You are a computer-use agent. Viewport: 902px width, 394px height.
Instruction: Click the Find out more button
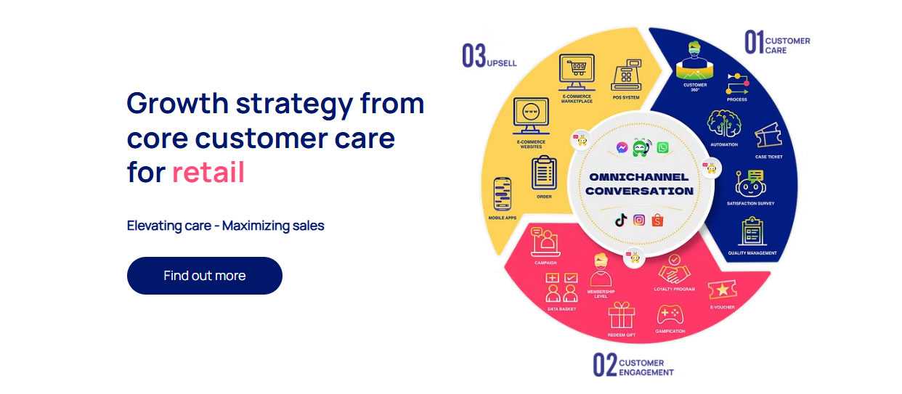tap(205, 276)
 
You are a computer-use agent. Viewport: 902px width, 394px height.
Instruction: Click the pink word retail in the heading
tap(208, 172)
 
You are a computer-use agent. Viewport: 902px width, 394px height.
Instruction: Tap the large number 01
tap(754, 42)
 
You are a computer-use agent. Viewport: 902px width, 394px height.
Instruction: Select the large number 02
tap(604, 365)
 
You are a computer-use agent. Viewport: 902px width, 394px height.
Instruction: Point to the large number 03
tap(474, 56)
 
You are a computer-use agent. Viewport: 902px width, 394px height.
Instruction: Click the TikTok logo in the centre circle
tap(621, 220)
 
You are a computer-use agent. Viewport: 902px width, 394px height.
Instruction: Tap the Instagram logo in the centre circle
tap(639, 220)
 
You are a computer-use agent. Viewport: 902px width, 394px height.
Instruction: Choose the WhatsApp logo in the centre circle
tap(662, 148)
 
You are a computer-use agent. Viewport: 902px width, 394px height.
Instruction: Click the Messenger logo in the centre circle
tap(622, 148)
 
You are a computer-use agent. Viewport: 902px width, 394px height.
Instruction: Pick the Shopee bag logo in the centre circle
tap(657, 220)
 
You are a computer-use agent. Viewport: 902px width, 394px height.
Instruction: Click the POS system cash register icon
tap(626, 75)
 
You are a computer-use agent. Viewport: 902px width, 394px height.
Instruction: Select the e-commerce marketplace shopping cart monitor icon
tap(577, 73)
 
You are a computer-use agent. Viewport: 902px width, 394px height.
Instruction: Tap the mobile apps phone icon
tap(502, 194)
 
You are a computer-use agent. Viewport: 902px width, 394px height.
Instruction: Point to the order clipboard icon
tap(544, 173)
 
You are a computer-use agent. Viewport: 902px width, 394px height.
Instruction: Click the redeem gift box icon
tap(622, 316)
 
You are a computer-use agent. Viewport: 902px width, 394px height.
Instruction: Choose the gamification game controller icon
tap(670, 315)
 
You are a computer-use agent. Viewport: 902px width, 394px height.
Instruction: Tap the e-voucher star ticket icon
tap(723, 290)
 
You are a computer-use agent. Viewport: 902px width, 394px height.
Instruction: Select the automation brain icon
tap(724, 124)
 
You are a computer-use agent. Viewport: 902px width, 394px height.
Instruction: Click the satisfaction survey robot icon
tap(750, 184)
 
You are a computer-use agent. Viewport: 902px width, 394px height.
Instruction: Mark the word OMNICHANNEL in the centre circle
tap(638, 177)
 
